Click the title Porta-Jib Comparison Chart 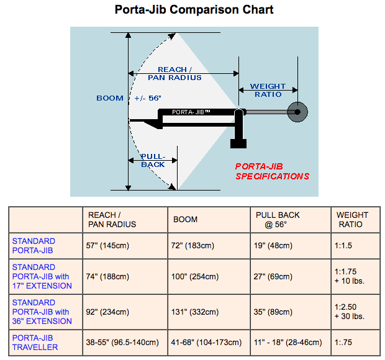[194, 10]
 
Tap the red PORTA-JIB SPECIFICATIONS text [272, 171]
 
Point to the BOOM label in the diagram [110, 98]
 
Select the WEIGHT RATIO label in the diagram [268, 91]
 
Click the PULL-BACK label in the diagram [152, 160]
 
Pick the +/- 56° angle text [148, 98]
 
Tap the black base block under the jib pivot [238, 143]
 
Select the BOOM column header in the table [186, 220]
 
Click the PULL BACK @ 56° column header [278, 220]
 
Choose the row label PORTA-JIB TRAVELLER [35, 343]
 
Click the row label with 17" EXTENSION [42, 276]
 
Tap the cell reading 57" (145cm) [107, 246]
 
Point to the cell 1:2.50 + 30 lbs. [351, 312]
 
